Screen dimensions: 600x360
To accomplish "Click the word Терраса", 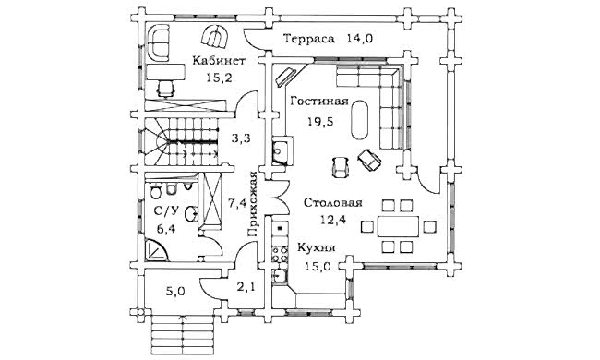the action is pos(309,39).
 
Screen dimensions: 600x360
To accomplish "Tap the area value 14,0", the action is pos(360,39).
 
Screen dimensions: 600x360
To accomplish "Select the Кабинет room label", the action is pos(219,61).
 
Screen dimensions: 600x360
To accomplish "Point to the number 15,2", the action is pos(220,78).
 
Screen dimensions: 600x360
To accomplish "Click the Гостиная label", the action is pos(319,102).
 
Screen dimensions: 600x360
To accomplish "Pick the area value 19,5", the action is pos(320,122).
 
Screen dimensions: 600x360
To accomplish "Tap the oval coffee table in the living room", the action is pos(360,120).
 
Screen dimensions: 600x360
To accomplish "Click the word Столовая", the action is pos(333,203).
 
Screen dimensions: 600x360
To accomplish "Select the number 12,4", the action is pos(333,220).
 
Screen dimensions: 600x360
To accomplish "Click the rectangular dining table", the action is pos(399,227).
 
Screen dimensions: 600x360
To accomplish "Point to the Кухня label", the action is pos(317,248).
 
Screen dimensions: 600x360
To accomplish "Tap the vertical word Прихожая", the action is pos(252,204).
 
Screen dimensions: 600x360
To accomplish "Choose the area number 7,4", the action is pos(237,203).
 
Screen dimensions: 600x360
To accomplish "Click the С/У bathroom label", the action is pos(166,210).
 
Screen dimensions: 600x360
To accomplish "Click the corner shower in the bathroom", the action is pos(156,249).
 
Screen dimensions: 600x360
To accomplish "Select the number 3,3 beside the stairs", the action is pos(241,138).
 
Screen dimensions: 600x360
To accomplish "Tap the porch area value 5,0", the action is pos(175,292).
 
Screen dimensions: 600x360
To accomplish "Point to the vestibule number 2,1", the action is pos(246,286).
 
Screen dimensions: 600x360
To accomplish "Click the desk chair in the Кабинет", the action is pos(166,89).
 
